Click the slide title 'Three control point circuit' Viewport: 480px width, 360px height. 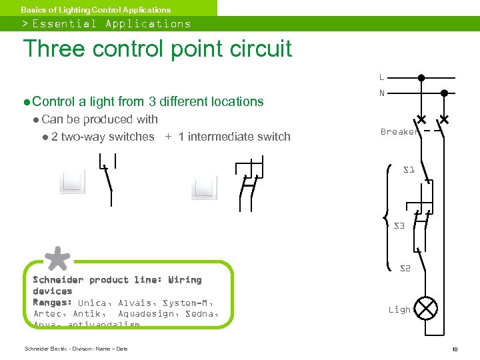pyautogui.click(x=157, y=49)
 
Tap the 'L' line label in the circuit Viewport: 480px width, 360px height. pyautogui.click(x=381, y=77)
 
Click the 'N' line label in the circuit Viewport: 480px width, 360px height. pyautogui.click(x=382, y=93)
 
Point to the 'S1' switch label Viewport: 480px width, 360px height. pyautogui.click(x=409, y=170)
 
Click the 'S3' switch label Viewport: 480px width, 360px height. pyautogui.click(x=399, y=226)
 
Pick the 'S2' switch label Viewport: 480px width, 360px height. pyautogui.click(x=405, y=269)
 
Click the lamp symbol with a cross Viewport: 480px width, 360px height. pyautogui.click(x=427, y=309)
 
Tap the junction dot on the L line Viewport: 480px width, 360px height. pyautogui.click(x=421, y=77)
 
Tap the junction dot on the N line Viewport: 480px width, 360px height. pyautogui.click(x=444, y=93)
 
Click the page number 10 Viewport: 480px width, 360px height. pyautogui.click(x=454, y=349)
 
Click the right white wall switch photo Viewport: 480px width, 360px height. pyautogui.click(x=204, y=187)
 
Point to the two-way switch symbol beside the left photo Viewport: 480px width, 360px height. pyautogui.click(x=107, y=179)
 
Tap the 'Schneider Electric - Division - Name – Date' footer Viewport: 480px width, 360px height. pyautogui.click(x=75, y=349)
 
